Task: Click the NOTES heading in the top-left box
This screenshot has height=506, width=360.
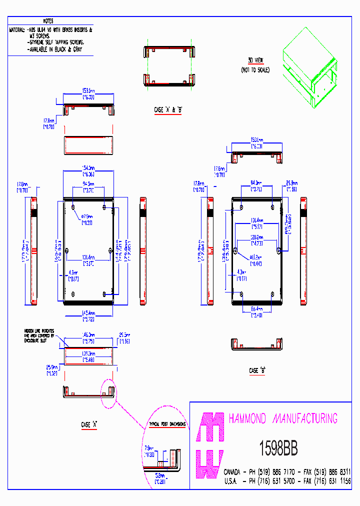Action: click(x=48, y=21)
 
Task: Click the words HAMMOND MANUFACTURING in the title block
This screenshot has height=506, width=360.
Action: click(x=282, y=418)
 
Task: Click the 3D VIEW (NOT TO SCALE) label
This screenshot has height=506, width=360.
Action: click(x=258, y=65)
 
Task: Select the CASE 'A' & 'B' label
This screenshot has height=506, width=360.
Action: click(x=168, y=109)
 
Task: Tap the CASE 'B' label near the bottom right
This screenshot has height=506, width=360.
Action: click(x=257, y=370)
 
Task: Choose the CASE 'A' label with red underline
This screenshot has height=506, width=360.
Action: click(x=88, y=424)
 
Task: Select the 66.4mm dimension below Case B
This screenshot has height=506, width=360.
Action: click(x=257, y=311)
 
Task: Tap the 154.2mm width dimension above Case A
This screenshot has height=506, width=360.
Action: click(x=88, y=171)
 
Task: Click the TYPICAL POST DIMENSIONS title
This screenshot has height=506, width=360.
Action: click(x=167, y=424)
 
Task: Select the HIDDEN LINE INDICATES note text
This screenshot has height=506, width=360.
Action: click(x=39, y=335)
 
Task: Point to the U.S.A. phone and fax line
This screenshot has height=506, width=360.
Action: click(x=287, y=480)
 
